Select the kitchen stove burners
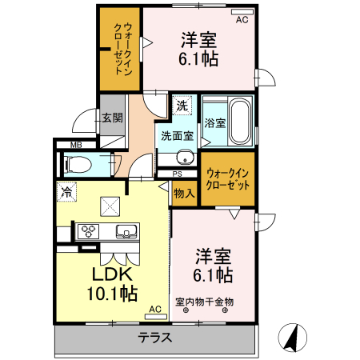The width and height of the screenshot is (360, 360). click(x=87, y=232)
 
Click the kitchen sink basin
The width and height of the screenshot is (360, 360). click(x=126, y=232)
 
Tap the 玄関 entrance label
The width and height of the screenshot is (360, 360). click(x=112, y=118)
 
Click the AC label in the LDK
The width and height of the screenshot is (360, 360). click(x=155, y=308)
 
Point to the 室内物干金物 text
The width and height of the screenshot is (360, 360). click(x=205, y=302)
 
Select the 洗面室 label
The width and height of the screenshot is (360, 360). click(x=177, y=134)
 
